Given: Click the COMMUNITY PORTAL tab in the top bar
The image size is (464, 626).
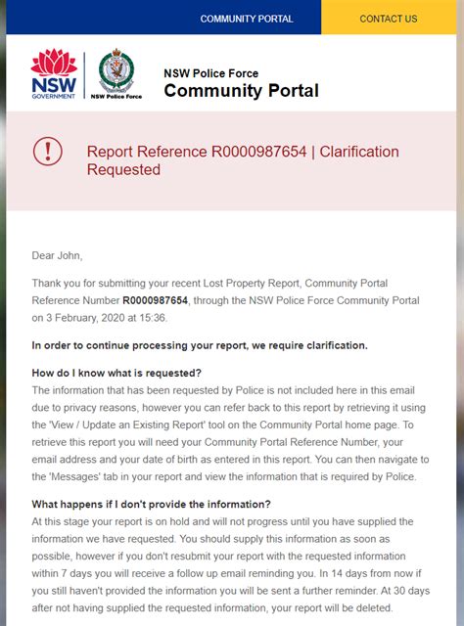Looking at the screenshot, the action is click(x=247, y=19).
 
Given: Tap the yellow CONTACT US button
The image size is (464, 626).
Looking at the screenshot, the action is click(x=389, y=19).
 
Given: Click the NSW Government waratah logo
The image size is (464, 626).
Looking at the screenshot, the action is click(x=54, y=74).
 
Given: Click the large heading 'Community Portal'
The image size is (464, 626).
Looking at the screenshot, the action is click(x=241, y=92).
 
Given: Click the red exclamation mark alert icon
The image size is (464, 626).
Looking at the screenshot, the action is click(x=47, y=151).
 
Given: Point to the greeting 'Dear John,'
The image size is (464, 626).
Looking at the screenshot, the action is click(x=58, y=256).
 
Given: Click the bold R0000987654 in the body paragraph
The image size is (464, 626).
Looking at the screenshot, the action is click(x=156, y=300).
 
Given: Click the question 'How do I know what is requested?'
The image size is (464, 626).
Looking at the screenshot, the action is click(x=116, y=373).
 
